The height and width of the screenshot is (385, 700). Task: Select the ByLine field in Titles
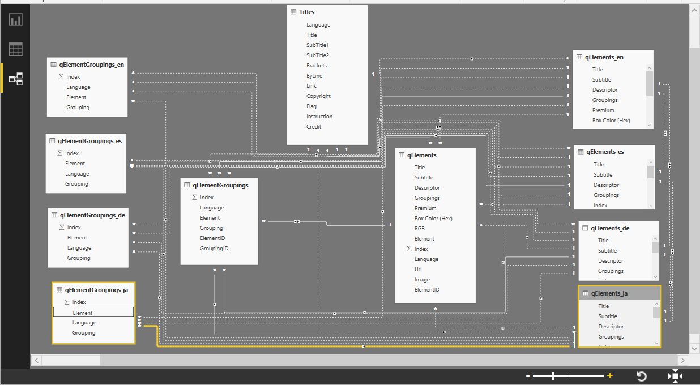[314, 76]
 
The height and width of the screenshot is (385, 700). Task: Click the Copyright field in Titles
[318, 96]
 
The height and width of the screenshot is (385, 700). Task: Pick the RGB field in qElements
[420, 229]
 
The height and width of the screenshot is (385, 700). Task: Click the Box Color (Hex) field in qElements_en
[611, 121]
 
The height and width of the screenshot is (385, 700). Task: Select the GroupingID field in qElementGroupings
[214, 249]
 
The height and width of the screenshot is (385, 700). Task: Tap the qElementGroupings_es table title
[89, 141]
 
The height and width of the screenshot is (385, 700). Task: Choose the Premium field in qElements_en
[603, 110]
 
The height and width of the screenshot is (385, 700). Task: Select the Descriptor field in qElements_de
[611, 261]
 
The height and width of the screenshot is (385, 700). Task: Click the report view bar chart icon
[16, 20]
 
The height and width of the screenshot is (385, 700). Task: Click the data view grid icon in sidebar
[16, 49]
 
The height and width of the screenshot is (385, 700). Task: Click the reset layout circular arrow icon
[641, 377]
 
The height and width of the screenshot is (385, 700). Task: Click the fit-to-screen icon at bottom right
[675, 377]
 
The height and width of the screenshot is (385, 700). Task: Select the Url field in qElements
[418, 269]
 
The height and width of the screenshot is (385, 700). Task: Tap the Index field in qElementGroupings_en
[73, 77]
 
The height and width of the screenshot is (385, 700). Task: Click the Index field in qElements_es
[600, 206]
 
